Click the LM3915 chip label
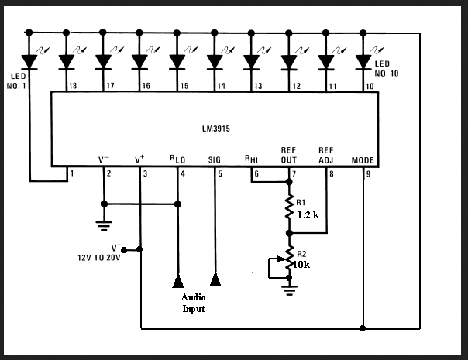216,129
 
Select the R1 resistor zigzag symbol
289,207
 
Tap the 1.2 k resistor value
308,214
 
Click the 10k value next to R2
301,265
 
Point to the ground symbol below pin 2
104,226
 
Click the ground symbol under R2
289,290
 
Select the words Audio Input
194,303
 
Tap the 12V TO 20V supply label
99,258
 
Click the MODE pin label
363,160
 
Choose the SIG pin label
215,160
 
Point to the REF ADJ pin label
326,156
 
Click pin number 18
73,86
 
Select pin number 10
370,86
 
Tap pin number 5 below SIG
220,174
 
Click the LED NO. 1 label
17,81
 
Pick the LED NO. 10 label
387,69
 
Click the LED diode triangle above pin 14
215,62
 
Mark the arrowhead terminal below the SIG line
215,280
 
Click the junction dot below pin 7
289,182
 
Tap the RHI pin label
251,159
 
